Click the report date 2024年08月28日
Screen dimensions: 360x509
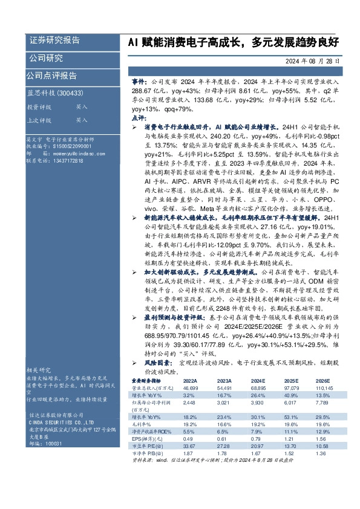315,62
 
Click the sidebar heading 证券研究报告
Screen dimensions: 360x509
54,41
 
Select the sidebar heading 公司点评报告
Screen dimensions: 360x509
51,76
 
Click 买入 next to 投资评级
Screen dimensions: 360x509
65,106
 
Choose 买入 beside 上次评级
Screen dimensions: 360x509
65,120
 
